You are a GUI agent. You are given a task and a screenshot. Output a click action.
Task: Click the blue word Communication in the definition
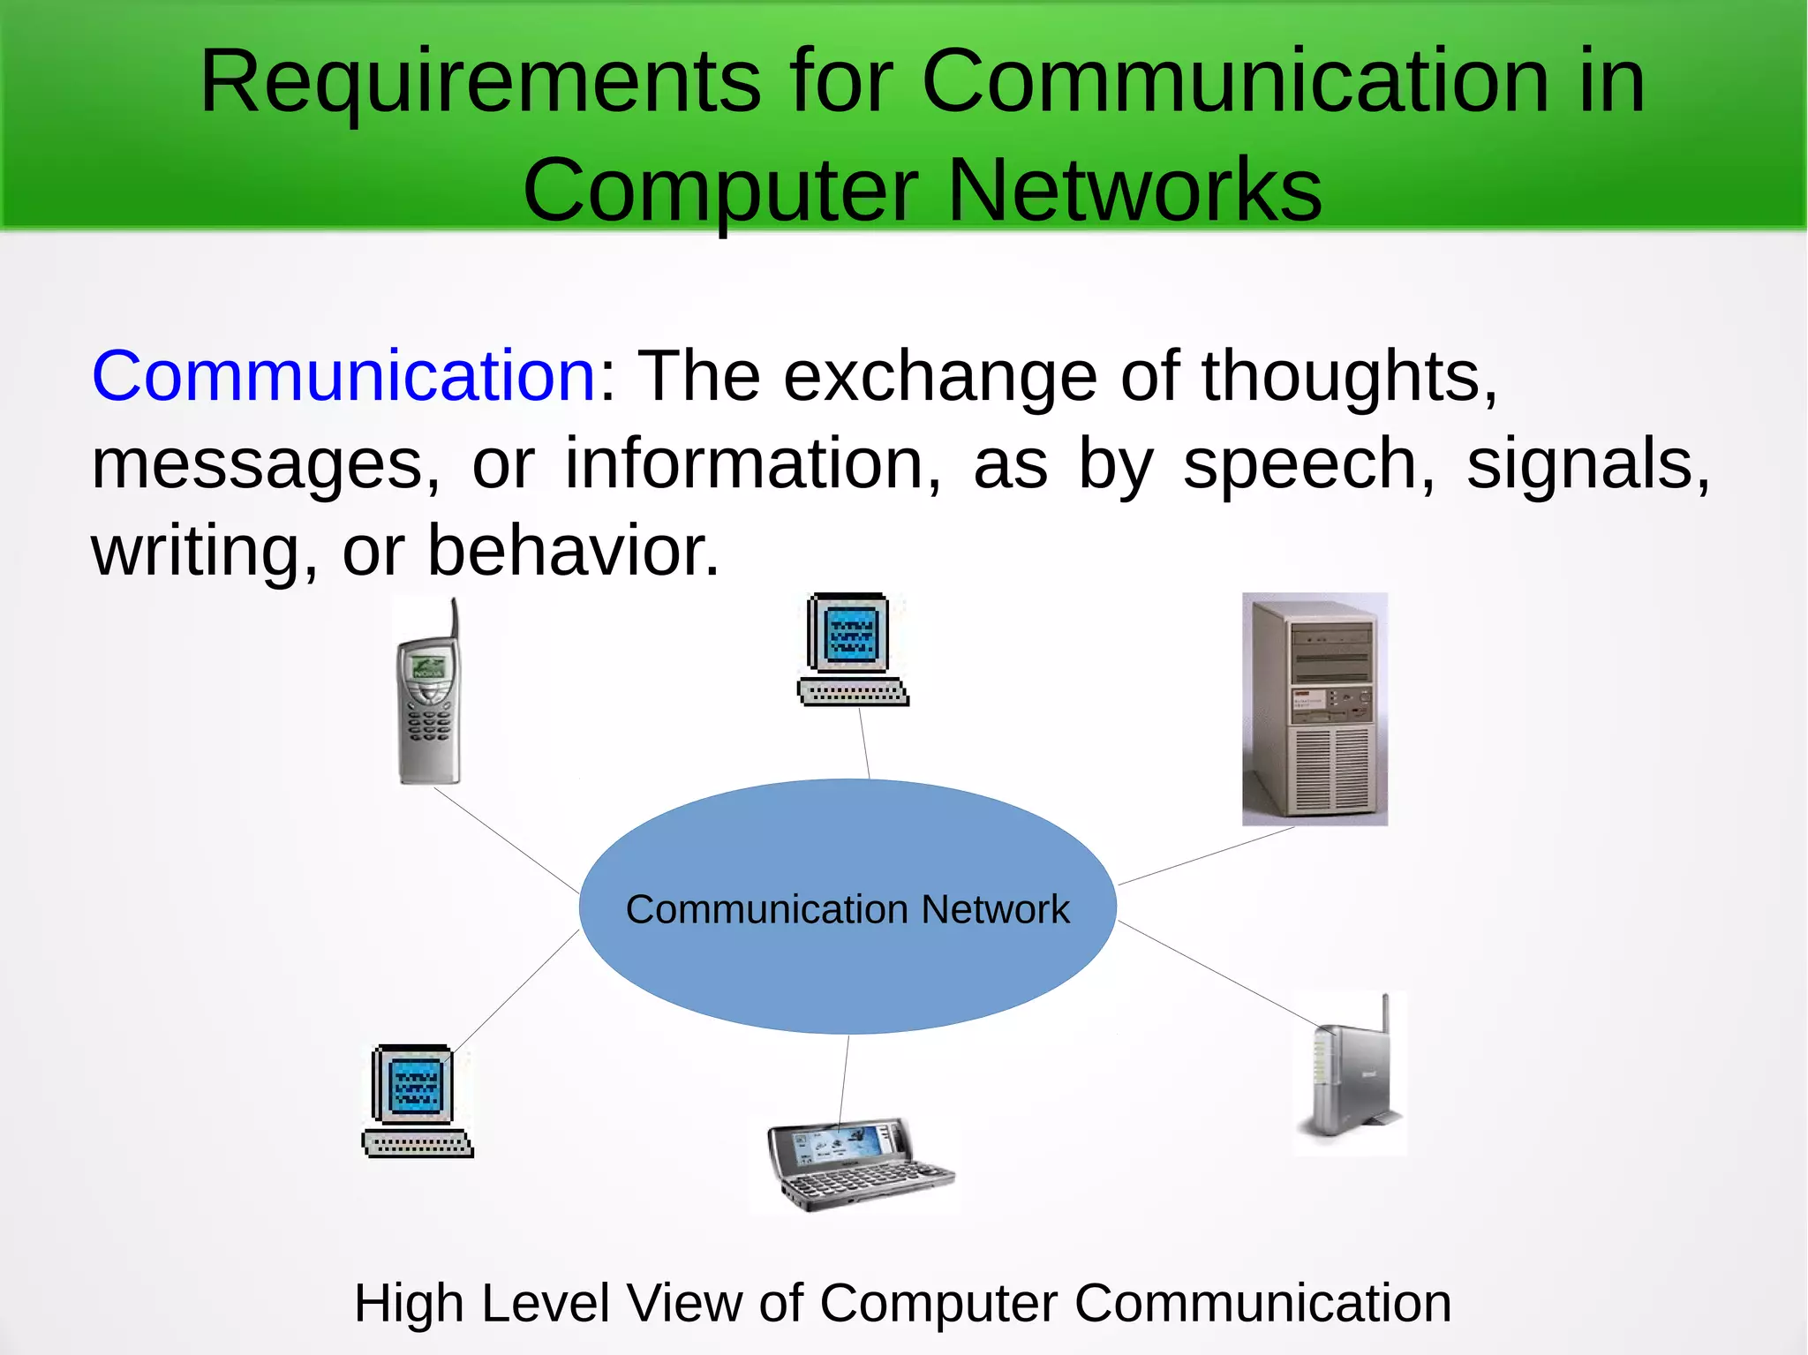344,376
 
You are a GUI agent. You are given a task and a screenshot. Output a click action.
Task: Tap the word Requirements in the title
479,81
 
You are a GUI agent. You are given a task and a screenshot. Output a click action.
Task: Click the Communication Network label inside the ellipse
847,909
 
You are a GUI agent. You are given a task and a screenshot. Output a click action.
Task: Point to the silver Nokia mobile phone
428,706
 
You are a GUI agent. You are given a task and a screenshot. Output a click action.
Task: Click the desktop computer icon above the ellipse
852,649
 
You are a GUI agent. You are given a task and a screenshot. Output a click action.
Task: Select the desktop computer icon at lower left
417,1101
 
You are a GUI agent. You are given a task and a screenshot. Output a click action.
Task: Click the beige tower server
1315,709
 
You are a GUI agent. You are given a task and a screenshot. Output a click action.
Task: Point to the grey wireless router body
1346,1081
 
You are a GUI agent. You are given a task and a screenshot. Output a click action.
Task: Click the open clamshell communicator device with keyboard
854,1164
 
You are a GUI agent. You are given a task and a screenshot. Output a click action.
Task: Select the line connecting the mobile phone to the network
506,839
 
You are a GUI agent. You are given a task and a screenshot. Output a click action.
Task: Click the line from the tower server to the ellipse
1206,855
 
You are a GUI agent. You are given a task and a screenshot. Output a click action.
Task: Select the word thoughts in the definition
1348,376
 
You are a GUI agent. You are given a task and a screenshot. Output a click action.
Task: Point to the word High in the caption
409,1303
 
